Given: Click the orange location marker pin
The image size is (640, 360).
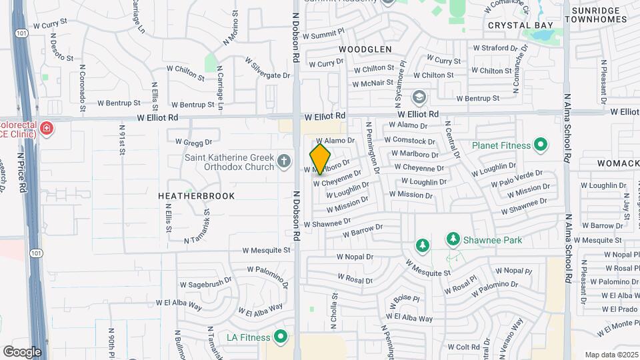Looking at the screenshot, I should [320, 159].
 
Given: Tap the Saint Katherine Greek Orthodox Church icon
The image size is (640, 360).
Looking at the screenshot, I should [284, 160].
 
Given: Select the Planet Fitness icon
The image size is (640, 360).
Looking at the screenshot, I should [540, 145].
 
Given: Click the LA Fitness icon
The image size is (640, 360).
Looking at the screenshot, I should [281, 337].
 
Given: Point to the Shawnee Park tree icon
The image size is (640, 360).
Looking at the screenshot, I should [453, 239].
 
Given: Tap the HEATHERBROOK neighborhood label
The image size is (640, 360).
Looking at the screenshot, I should [187, 196].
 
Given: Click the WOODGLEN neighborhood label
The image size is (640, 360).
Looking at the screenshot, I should [365, 49].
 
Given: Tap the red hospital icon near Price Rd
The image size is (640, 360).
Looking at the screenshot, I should [46, 128].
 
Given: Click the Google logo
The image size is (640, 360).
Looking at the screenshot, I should [22, 351].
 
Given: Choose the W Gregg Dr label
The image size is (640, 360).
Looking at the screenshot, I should [193, 141].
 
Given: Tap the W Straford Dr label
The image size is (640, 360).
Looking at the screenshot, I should [495, 48].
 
